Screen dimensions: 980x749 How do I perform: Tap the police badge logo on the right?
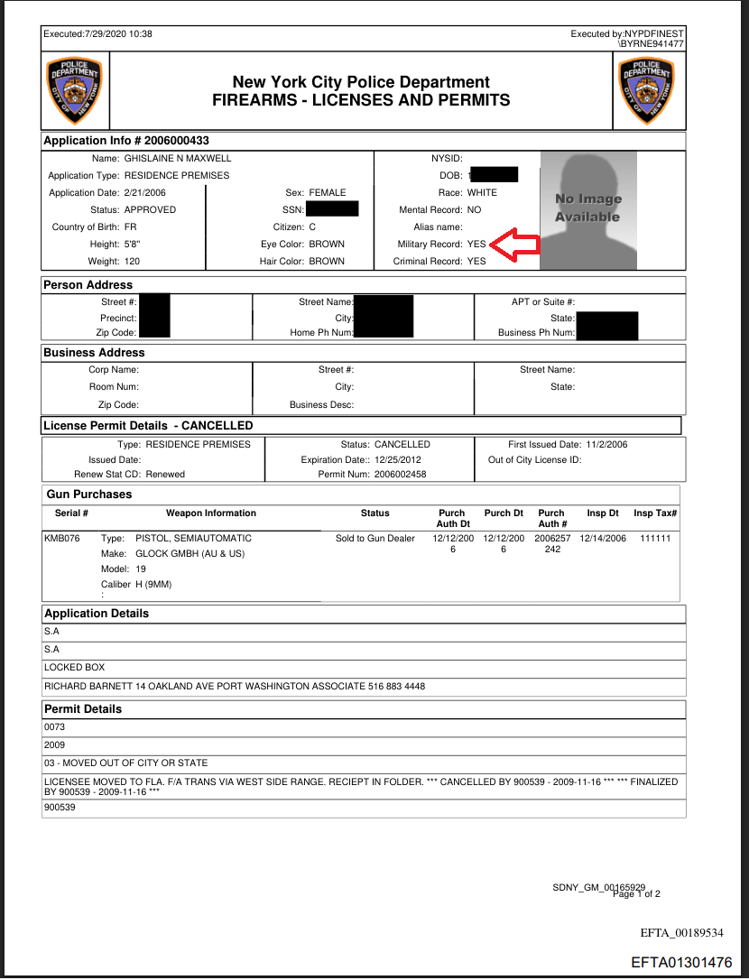point(646,92)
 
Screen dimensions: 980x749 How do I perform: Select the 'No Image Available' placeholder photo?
point(587,209)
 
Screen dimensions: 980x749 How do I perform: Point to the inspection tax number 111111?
point(656,539)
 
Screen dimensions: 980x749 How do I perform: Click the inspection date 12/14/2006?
point(603,539)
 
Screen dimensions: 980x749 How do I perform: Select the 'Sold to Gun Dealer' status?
point(374,539)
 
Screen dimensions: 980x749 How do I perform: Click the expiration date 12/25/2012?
point(400,459)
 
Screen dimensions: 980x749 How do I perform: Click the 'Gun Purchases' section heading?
point(89,495)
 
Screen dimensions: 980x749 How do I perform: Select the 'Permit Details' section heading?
point(83,709)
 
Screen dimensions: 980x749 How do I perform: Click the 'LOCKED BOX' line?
point(75,668)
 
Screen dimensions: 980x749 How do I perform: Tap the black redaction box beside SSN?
point(332,209)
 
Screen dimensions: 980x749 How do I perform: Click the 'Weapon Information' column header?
point(211,513)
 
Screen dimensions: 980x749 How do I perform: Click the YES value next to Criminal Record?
point(476,262)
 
